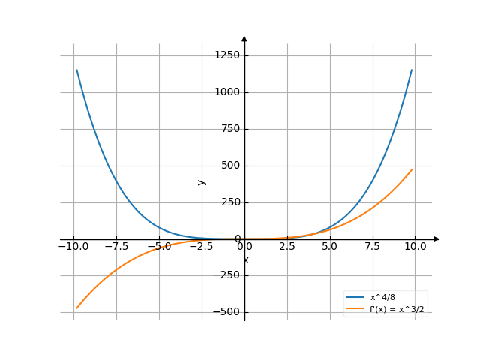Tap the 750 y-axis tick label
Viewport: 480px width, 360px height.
pos(229,129)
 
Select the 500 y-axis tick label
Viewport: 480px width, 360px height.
pos(229,166)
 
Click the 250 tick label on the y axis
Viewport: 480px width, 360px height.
pos(229,202)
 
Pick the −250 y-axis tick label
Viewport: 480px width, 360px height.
pos(225,275)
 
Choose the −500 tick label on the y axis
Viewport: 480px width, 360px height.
pos(225,312)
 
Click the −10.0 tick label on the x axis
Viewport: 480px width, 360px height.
pos(73,246)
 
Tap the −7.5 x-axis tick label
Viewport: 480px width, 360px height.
pos(116,246)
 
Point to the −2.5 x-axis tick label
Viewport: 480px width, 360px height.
pos(202,246)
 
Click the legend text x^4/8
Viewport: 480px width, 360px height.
pos(382,298)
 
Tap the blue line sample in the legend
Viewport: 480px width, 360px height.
pos(355,298)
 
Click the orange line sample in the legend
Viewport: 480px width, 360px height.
pos(355,308)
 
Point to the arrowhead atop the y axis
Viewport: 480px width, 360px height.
pos(244,38)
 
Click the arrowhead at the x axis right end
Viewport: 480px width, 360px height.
pos(436,239)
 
